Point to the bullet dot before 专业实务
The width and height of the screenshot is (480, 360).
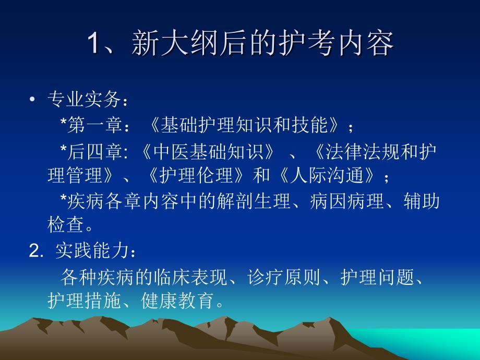(32, 99)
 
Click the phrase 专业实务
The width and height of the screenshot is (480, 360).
(84, 99)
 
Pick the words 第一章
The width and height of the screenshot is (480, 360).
(95, 125)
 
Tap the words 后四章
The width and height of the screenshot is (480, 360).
(95, 151)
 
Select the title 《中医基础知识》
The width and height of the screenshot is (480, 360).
(208, 151)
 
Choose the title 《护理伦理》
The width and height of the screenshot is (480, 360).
(196, 175)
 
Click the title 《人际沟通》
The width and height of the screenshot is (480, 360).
(327, 175)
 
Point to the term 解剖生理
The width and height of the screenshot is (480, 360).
(254, 201)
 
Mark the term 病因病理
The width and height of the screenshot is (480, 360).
(347, 201)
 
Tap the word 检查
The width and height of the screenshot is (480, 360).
(66, 224)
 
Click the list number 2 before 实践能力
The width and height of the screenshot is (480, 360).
(34, 251)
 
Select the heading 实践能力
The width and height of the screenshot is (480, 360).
(92, 250)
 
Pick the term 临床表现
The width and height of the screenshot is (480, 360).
(191, 277)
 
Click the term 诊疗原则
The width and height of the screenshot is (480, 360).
(284, 277)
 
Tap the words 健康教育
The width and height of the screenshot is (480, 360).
(177, 301)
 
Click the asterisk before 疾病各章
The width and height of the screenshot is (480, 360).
(63, 198)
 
